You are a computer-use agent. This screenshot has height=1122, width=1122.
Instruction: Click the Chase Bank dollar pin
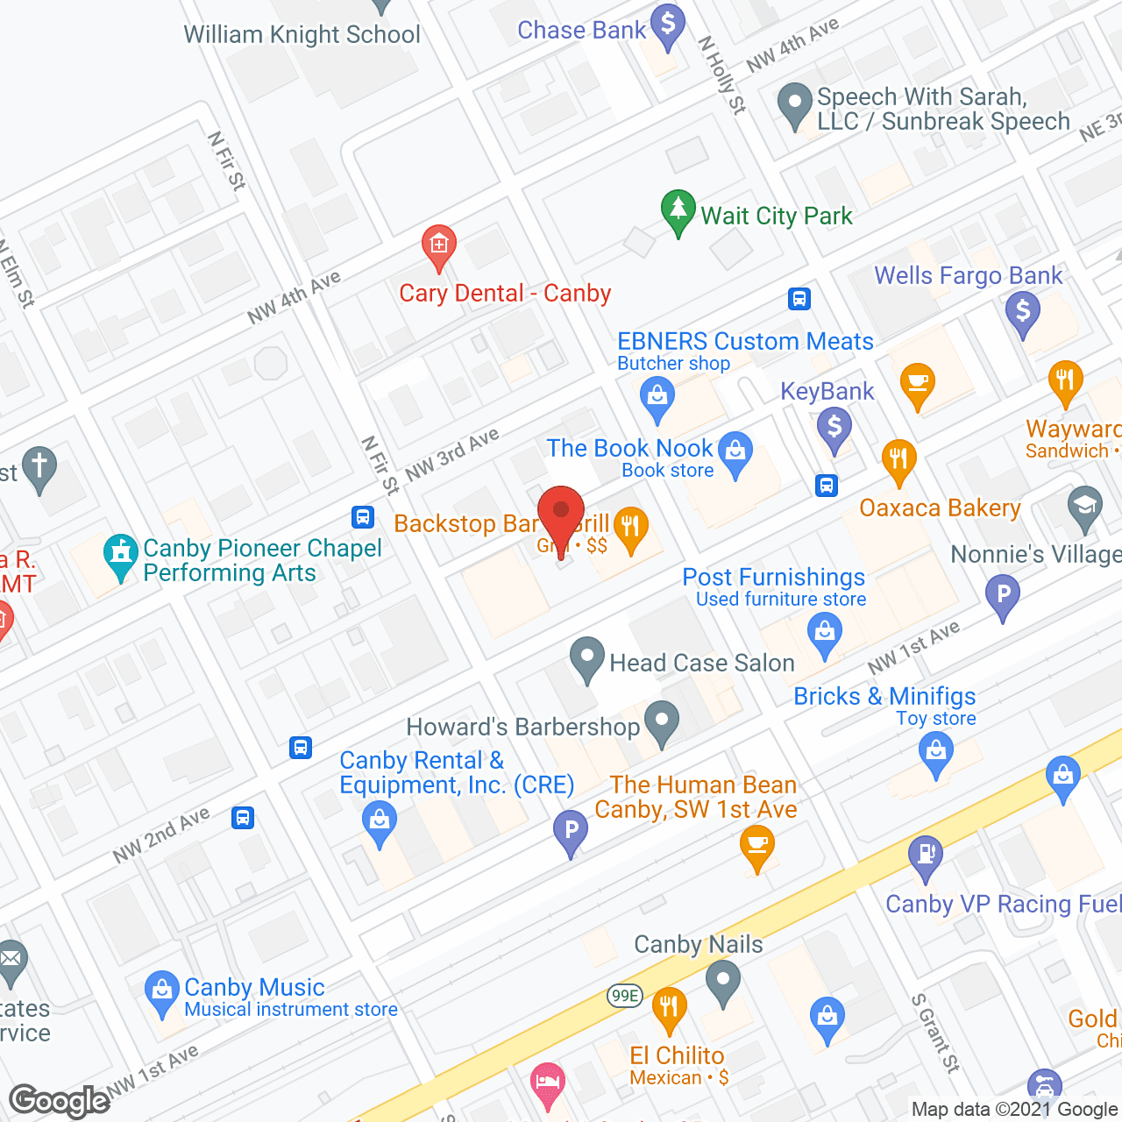pos(668,26)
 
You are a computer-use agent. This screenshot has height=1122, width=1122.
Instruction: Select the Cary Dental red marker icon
pos(438,247)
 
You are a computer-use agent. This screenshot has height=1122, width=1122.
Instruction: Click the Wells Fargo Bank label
pos(968,275)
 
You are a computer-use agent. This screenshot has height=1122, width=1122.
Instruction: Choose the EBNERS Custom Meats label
pos(745,341)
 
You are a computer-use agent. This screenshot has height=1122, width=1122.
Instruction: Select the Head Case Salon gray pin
pos(586,658)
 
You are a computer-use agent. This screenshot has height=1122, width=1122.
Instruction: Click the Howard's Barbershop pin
pos(662,722)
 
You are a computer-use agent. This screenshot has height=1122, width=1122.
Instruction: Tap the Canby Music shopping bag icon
pos(161,991)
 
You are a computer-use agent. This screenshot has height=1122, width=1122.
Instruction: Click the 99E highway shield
pos(625,995)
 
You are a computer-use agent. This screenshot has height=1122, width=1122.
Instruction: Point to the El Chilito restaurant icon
pos(668,1009)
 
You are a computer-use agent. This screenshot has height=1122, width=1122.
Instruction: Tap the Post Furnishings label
pos(773,577)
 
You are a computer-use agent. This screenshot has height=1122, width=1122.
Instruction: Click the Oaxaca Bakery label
pos(940,508)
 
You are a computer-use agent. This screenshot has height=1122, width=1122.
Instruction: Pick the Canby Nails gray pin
pos(723,980)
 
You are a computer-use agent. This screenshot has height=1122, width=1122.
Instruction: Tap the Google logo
pos(60,1101)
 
